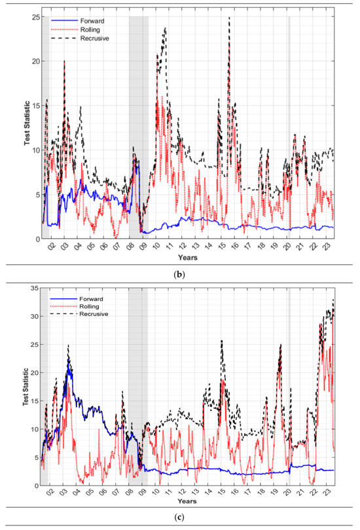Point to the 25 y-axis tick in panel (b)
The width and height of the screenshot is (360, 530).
pyautogui.click(x=35, y=16)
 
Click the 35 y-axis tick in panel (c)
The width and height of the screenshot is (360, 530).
pyautogui.click(x=35, y=288)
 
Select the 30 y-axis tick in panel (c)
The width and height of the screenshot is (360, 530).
pyautogui.click(x=35, y=316)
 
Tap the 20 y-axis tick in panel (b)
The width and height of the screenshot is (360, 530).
pyautogui.click(x=35, y=61)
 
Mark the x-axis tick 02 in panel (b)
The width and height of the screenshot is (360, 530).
pyautogui.click(x=50, y=249)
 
